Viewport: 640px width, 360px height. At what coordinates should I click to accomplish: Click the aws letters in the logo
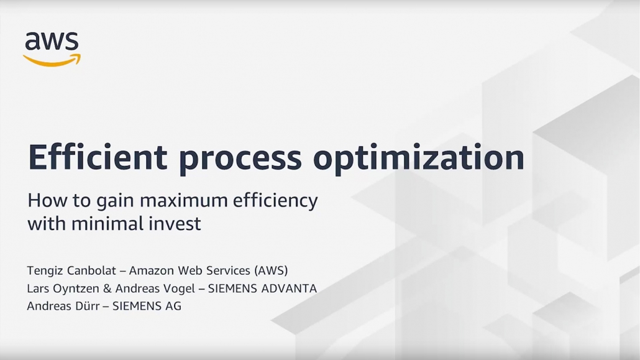[52, 41]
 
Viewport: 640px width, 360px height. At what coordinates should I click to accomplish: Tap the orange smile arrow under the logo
[52, 60]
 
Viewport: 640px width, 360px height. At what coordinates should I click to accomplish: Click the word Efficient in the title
[98, 157]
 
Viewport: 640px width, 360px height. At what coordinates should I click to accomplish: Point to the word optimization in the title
[418, 159]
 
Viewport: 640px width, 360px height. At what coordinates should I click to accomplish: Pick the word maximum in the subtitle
[183, 201]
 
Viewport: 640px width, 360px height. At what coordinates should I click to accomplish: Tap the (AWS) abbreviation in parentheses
[271, 271]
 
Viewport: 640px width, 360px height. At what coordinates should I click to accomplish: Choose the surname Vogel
[180, 289]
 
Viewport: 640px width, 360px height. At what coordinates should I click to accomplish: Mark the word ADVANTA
[289, 288]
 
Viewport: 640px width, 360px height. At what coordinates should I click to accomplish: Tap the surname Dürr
[88, 306]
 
